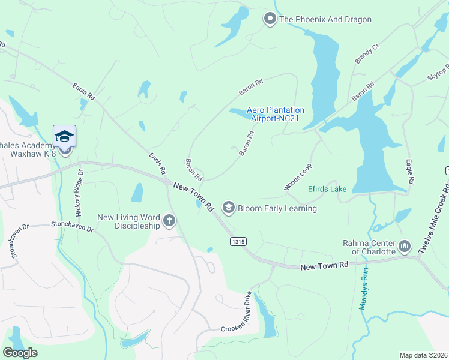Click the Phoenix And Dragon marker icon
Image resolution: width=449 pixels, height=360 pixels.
tap(270, 19)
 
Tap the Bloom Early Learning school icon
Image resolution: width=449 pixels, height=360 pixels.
tap(228, 208)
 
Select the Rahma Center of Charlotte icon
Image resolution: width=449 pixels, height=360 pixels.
tap(405, 246)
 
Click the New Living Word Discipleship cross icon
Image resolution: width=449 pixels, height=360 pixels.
tap(169, 221)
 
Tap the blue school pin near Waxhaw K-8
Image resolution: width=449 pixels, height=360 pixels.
tap(64, 137)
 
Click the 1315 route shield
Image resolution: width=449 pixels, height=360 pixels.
tap(237, 241)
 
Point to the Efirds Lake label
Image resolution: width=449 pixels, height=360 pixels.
tap(327, 189)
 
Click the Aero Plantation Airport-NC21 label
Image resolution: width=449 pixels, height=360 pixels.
tap(276, 114)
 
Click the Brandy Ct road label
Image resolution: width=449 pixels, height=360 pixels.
tap(367, 53)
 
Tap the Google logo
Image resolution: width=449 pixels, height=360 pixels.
tap(20, 353)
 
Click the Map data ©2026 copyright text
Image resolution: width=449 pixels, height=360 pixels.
tap(423, 355)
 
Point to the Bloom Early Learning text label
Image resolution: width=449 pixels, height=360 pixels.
tap(277, 208)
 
